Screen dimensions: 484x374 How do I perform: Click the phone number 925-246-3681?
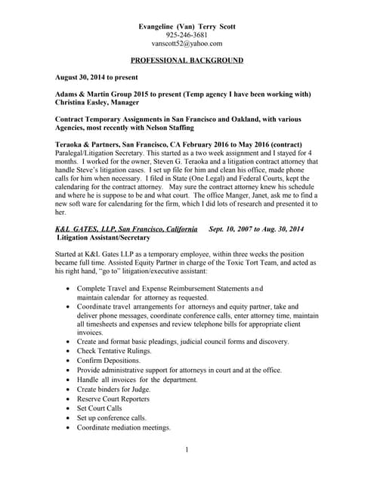pyautogui.click(x=187, y=35)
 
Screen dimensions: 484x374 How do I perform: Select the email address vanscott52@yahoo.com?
pyautogui.click(x=187, y=44)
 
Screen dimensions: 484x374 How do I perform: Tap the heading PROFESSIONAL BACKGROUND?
pyautogui.click(x=187, y=60)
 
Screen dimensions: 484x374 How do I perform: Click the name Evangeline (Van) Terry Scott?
pyautogui.click(x=187, y=26)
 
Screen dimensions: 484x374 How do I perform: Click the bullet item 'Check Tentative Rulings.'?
pyautogui.click(x=114, y=351)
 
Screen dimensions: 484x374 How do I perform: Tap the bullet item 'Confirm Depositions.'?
pyautogui.click(x=108, y=360)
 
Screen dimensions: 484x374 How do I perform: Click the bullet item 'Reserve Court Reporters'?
pyautogui.click(x=113, y=399)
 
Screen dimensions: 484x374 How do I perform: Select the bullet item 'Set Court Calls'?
pyautogui.click(x=100, y=408)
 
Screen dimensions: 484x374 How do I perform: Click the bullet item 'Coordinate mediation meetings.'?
pyautogui.click(x=123, y=427)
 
